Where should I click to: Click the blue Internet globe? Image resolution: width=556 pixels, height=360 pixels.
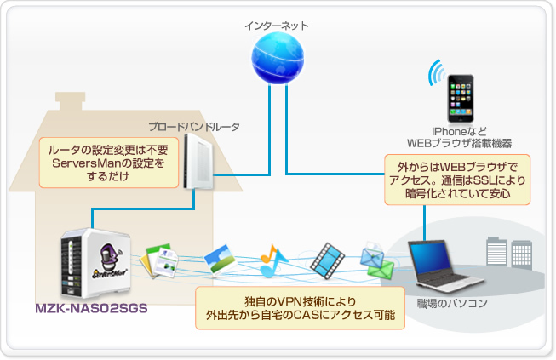click(x=278, y=58)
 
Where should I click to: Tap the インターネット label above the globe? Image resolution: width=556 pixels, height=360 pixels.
click(x=277, y=26)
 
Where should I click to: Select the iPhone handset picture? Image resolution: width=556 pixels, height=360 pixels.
click(x=461, y=98)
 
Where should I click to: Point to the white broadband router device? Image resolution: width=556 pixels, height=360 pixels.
click(x=198, y=161)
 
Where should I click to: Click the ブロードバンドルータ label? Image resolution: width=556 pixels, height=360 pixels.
click(x=194, y=127)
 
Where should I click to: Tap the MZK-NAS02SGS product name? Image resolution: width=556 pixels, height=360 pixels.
click(x=91, y=308)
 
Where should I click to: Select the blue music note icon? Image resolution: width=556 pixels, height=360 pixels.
click(x=272, y=260)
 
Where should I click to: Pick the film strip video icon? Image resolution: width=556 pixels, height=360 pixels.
click(x=327, y=260)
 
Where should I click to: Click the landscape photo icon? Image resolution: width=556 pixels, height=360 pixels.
click(x=221, y=260)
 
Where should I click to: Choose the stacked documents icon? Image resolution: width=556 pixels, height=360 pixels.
click(x=159, y=260)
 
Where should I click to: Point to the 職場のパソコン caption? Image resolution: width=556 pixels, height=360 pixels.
click(x=452, y=303)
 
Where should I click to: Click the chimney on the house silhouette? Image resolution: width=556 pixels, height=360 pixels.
click(x=70, y=101)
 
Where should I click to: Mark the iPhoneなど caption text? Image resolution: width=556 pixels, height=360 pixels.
click(x=459, y=131)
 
